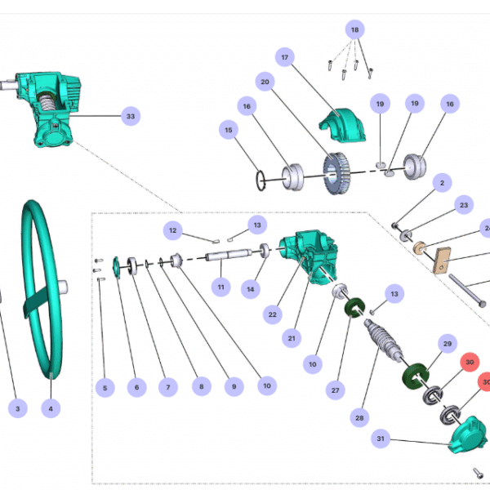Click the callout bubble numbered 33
tap(130, 116)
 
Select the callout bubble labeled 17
tap(285, 58)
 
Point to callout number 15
tap(228, 130)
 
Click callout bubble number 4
tap(51, 408)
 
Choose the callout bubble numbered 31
tap(381, 439)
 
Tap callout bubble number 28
tap(359, 417)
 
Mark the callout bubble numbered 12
tap(172, 231)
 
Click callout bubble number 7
tap(169, 386)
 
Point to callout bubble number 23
tap(463, 204)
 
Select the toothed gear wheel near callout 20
tap(336, 172)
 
